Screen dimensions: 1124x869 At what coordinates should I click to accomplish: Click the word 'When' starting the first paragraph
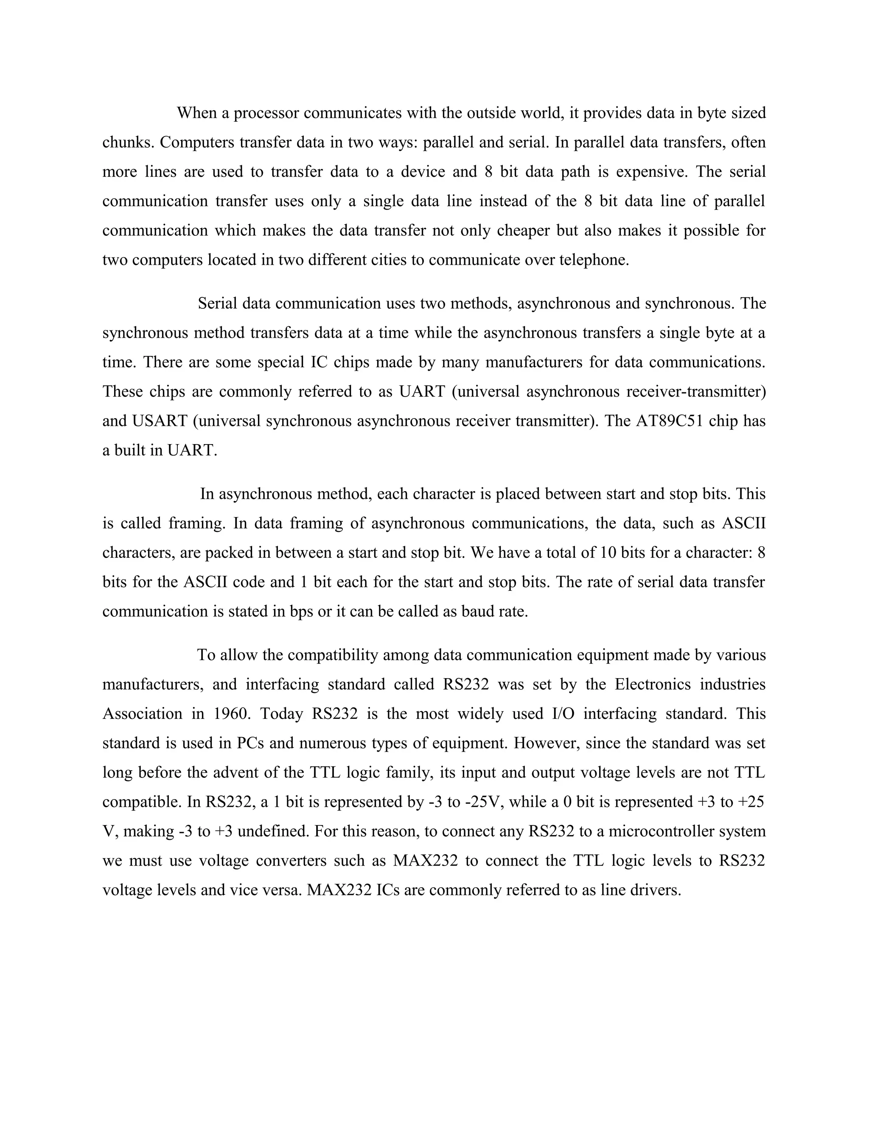tap(196, 113)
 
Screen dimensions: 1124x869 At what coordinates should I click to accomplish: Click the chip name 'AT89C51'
tap(669, 421)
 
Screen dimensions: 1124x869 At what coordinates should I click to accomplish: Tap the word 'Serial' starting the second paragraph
tap(217, 303)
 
